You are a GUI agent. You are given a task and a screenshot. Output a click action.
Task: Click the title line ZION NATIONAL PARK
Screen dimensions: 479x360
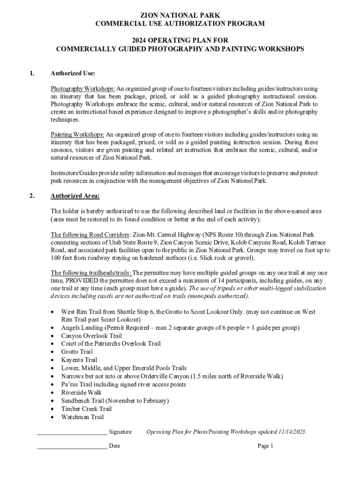click(x=180, y=15)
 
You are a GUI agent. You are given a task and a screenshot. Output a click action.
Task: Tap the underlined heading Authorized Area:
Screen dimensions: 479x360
click(x=75, y=196)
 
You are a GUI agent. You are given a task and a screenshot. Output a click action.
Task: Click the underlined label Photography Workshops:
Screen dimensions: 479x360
click(x=83, y=88)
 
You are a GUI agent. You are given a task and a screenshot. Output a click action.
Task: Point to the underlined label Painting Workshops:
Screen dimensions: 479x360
click(x=78, y=134)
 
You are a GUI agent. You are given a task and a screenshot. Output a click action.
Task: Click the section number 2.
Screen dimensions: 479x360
click(x=32, y=196)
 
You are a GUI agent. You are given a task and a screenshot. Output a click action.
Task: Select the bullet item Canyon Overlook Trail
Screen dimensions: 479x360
click(x=91, y=335)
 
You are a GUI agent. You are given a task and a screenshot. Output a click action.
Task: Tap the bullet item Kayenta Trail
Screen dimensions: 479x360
click(x=79, y=360)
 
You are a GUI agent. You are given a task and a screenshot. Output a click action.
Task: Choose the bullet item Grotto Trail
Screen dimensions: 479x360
click(x=77, y=352)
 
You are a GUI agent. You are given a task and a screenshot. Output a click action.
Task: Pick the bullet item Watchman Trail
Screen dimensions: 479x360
click(x=82, y=417)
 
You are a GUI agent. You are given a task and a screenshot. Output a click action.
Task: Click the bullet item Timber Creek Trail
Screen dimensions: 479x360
click(x=86, y=409)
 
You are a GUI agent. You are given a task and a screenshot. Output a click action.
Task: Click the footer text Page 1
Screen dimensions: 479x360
click(x=265, y=446)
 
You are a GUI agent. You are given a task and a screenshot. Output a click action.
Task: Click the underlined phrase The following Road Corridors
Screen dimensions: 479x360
click(x=90, y=234)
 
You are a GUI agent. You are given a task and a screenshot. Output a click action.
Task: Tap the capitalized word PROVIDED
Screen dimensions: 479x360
click(x=86, y=281)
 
